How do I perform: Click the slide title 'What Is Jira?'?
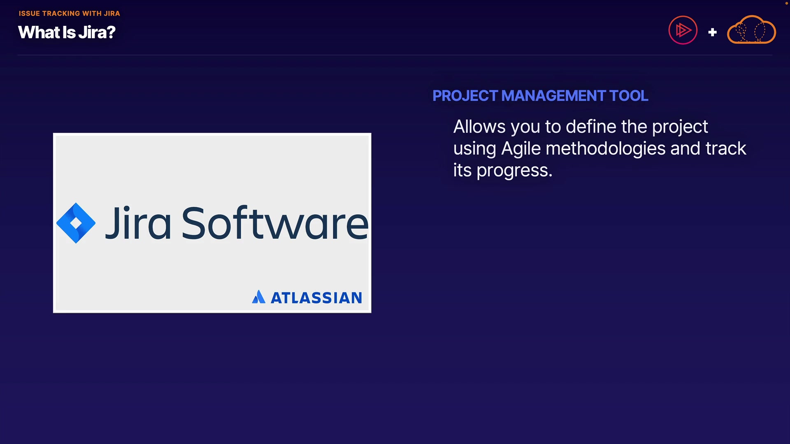[x=67, y=32]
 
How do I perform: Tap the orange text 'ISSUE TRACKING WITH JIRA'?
[x=69, y=14]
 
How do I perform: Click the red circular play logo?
[x=683, y=30]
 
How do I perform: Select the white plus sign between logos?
[x=713, y=32]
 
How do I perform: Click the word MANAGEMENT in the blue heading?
[x=553, y=96]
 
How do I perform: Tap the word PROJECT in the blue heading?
[x=465, y=96]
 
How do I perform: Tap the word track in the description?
[x=726, y=148]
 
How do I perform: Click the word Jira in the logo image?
[x=138, y=222]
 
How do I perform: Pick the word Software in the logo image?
[x=275, y=222]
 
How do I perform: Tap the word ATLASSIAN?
[x=316, y=298]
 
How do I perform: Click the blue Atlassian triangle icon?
[x=258, y=297]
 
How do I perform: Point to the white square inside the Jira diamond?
[x=76, y=223]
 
